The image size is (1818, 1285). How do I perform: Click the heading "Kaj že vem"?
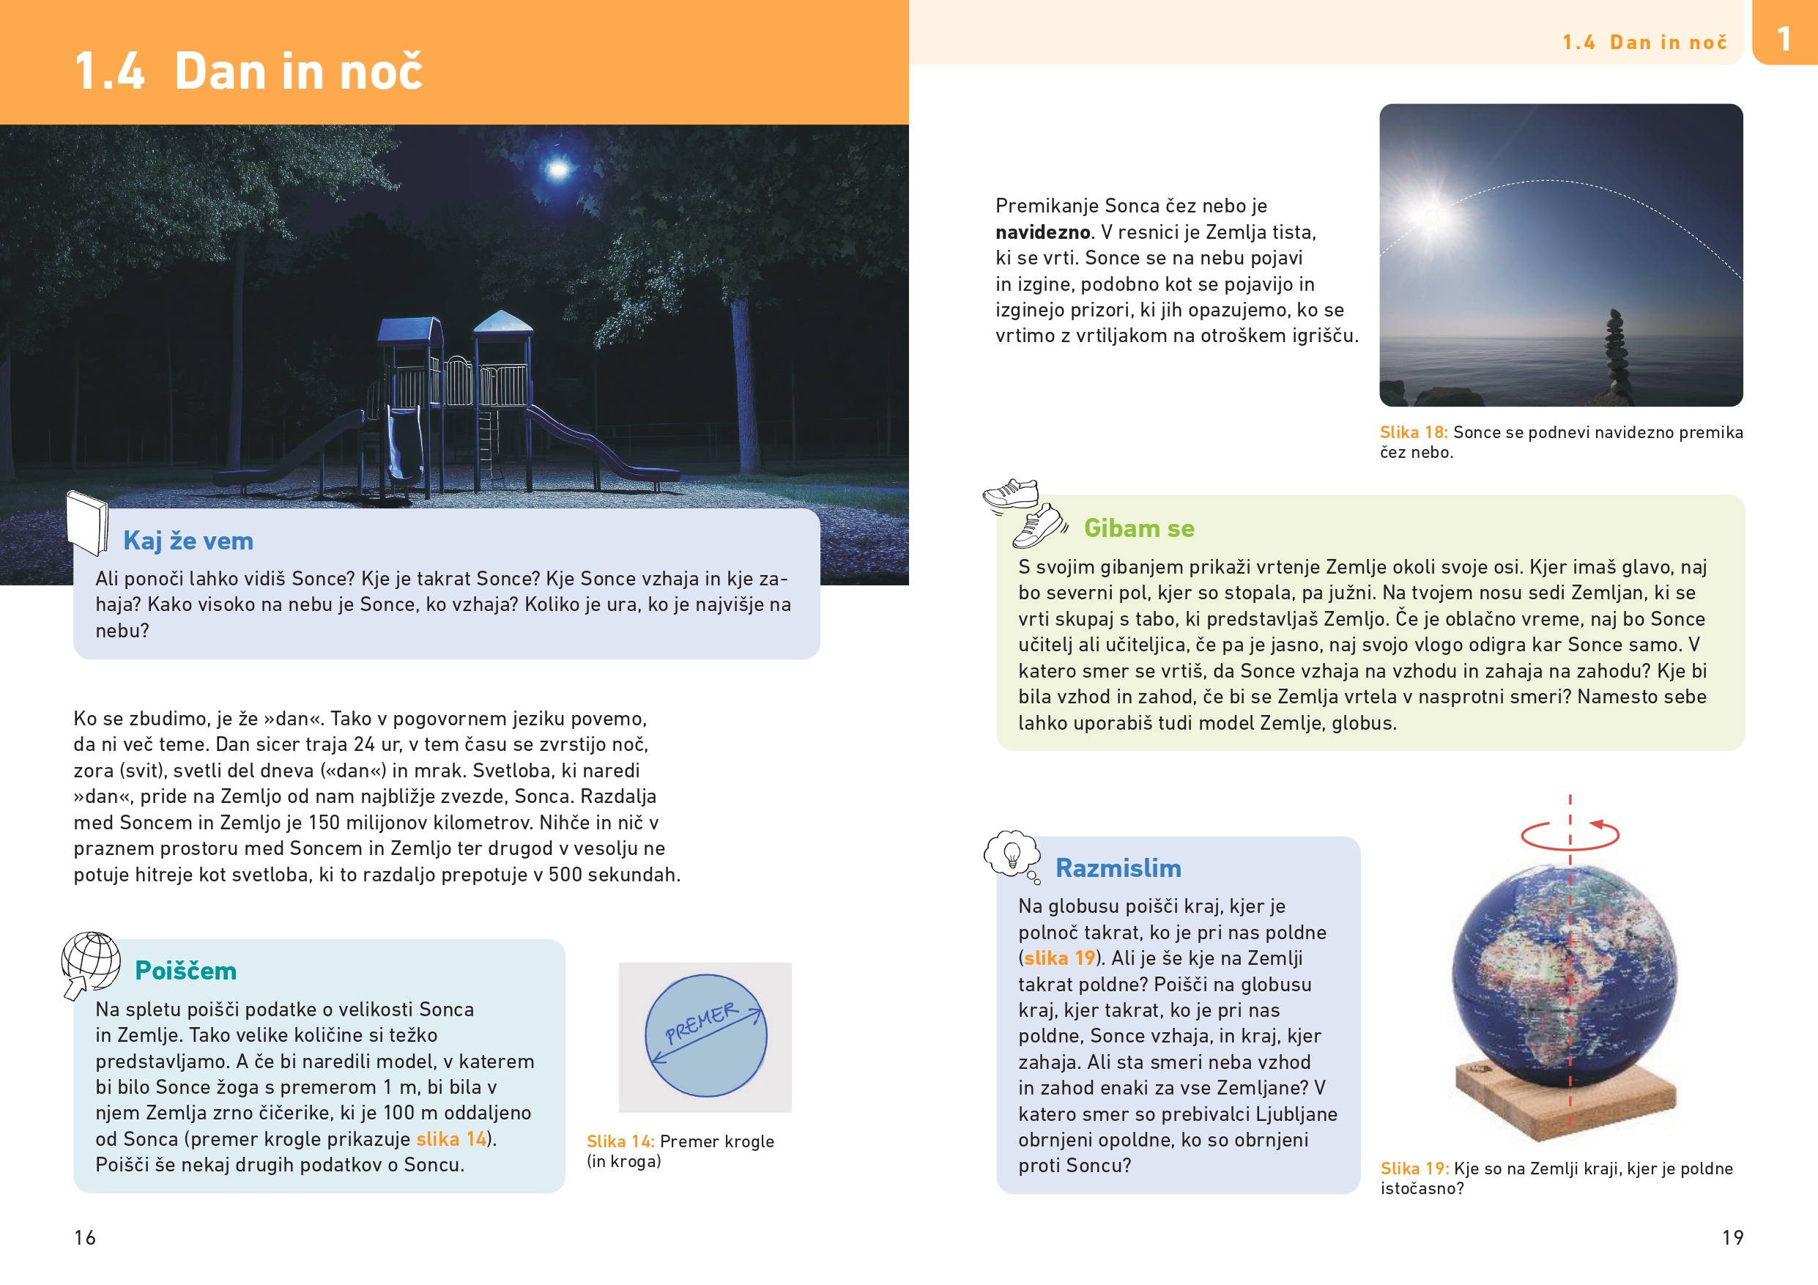(188, 541)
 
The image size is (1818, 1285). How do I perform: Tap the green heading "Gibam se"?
(1138, 528)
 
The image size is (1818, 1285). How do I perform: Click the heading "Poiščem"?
(185, 971)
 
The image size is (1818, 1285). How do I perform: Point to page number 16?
(85, 1237)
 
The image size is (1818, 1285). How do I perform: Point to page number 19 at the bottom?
(1732, 1237)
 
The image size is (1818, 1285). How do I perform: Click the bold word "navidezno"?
(1042, 232)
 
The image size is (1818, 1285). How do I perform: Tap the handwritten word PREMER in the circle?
(702, 1023)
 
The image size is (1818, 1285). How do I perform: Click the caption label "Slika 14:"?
(620, 1141)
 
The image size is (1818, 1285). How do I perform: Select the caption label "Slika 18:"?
(1413, 432)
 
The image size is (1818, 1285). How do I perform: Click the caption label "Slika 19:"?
(1414, 1169)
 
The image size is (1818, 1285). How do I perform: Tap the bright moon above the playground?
(558, 169)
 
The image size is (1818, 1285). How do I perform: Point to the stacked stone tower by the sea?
(1614, 352)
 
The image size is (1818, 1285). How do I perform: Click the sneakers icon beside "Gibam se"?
(1024, 512)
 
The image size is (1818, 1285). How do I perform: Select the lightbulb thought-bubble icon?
(1011, 854)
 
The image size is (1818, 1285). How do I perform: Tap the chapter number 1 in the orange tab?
(1784, 38)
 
